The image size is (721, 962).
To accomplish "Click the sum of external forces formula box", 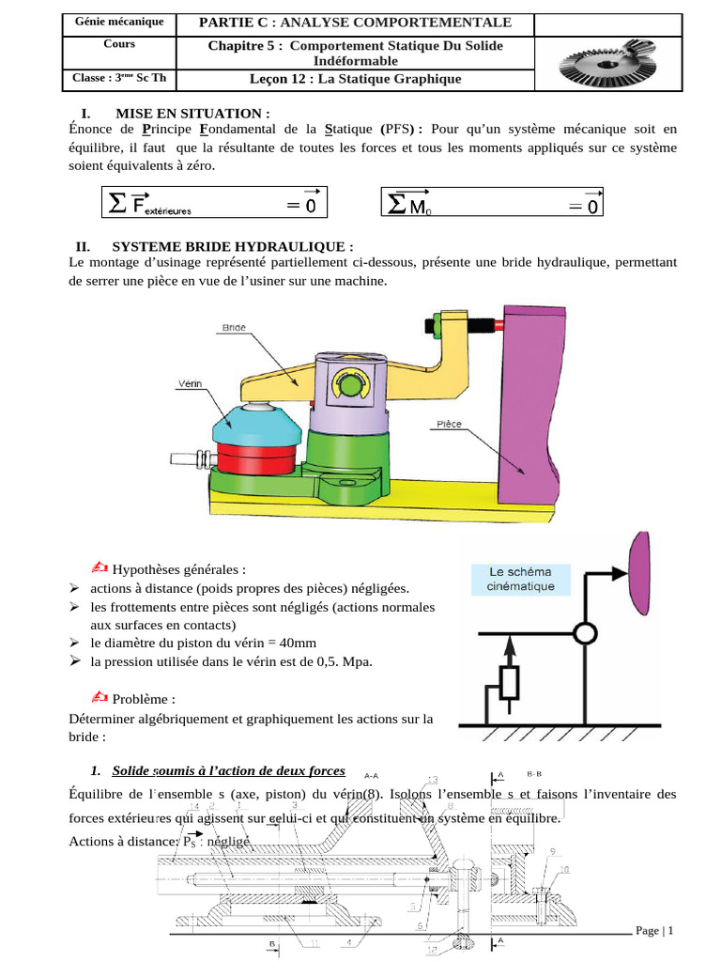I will click(215, 202).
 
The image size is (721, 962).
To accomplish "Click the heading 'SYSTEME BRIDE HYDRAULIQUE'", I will click(232, 246).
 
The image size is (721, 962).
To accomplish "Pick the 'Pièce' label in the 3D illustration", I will click(448, 424).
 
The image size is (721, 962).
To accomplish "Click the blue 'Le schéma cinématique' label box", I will click(519, 579).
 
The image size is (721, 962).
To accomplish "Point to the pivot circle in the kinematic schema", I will click(585, 634).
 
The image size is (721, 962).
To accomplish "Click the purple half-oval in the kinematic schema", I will click(639, 570).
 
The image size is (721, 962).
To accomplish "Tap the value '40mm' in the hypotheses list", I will click(294, 644).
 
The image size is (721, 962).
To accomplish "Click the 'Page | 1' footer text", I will click(655, 930).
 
